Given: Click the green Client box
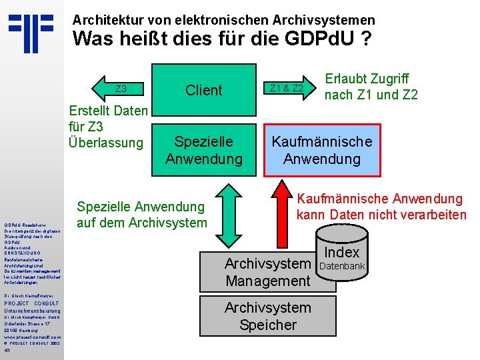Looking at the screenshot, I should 204,90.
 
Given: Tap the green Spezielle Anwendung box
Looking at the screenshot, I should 204,150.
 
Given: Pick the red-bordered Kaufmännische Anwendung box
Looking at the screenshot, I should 321,150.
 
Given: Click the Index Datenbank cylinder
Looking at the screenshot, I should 342,257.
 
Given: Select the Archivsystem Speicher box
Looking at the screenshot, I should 268,316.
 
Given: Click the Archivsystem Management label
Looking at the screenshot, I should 267,272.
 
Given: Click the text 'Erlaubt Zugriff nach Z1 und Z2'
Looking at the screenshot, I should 371,87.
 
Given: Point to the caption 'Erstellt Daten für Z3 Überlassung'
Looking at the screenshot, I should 107,127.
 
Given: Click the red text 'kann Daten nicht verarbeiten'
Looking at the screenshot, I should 381,215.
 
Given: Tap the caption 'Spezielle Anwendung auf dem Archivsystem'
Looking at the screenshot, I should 142,214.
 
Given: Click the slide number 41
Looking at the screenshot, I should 7,349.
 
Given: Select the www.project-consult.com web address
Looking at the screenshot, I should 33,337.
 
